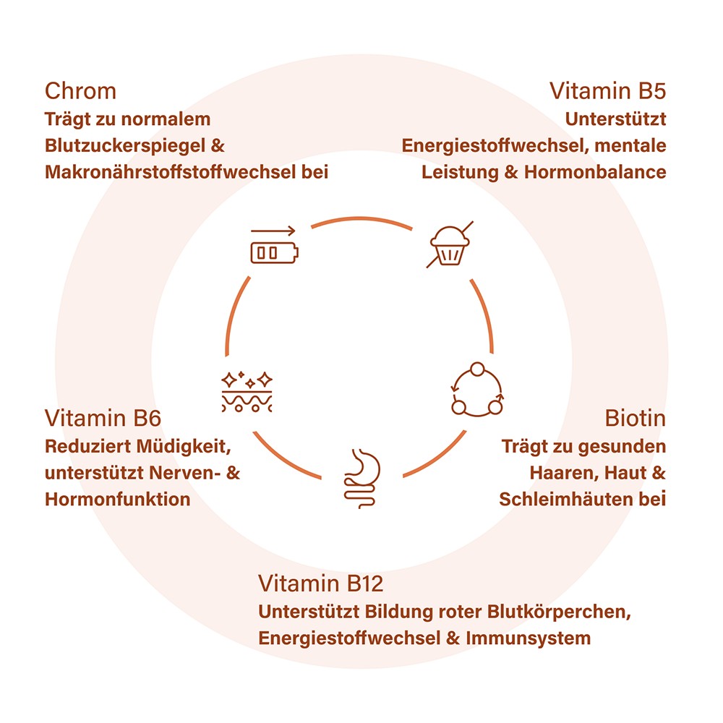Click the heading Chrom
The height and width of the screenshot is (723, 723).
[x=80, y=91]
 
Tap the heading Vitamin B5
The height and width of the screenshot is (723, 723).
[x=607, y=91]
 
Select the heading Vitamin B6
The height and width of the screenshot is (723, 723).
[x=103, y=419]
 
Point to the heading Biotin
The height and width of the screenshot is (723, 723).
[x=635, y=419]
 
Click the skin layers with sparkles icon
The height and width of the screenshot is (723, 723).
[x=247, y=392]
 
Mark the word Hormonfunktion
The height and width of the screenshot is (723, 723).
[x=117, y=499]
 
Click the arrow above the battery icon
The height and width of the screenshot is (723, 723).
[x=274, y=231]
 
